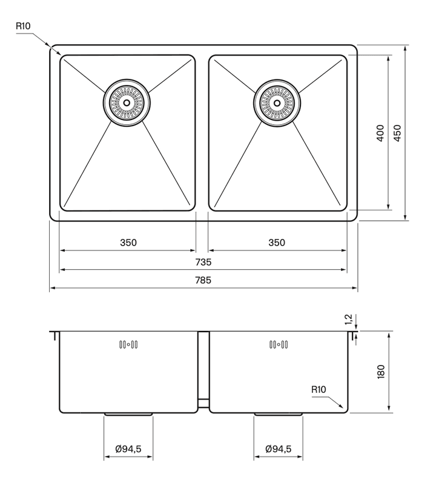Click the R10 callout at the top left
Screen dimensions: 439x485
pyautogui.click(x=23, y=26)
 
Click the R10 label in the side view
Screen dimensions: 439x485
pyautogui.click(x=319, y=389)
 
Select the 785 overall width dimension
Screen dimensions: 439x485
pyautogui.click(x=203, y=280)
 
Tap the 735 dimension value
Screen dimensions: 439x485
pyautogui.click(x=203, y=263)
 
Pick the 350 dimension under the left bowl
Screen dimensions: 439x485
pyautogui.click(x=128, y=243)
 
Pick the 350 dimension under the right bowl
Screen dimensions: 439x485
pyautogui.click(x=277, y=243)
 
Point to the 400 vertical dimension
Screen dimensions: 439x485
pyautogui.click(x=381, y=133)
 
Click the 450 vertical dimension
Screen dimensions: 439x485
pyautogui.click(x=398, y=133)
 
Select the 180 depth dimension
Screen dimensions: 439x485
pyautogui.click(x=381, y=372)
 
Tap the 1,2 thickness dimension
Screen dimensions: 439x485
pyautogui.click(x=349, y=319)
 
